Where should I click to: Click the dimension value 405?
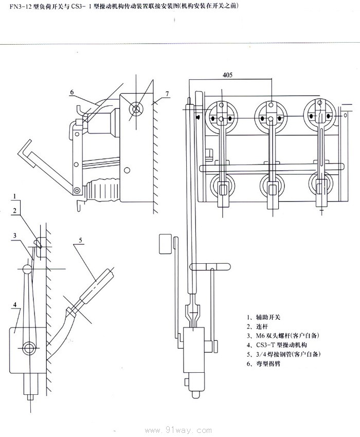[227, 75]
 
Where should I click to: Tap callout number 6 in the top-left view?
[73, 92]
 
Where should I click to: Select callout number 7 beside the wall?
[167, 93]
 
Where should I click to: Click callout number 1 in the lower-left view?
[16, 196]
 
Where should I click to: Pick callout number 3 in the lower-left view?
[16, 235]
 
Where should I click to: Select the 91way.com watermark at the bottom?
[179, 430]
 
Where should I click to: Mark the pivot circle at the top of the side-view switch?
[137, 108]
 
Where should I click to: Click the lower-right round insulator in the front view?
[321, 187]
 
